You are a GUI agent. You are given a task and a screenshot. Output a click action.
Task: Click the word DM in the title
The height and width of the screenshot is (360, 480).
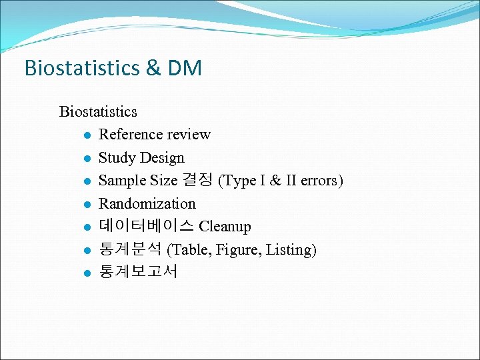[x=184, y=69]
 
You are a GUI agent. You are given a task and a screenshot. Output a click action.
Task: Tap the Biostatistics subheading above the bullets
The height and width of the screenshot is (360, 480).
[x=98, y=111]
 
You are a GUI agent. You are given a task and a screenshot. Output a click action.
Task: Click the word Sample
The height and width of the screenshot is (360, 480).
[x=121, y=181]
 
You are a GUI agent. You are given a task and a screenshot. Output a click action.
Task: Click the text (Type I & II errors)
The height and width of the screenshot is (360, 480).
[x=281, y=181]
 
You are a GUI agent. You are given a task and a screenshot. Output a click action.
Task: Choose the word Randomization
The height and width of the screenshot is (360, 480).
[x=147, y=204]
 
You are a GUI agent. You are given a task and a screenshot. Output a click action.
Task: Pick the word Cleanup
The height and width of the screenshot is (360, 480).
[x=225, y=227]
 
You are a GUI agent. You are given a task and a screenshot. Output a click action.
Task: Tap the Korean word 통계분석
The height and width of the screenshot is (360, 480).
[x=131, y=250]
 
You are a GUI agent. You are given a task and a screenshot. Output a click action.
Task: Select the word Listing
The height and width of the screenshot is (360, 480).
[x=291, y=250]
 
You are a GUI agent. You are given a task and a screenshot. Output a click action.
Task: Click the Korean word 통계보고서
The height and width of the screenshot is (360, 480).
[x=139, y=273]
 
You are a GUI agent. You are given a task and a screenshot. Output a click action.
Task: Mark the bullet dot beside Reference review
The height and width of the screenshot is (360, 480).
[x=87, y=135]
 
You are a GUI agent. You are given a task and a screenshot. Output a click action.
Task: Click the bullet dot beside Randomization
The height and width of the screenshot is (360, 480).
[x=87, y=205]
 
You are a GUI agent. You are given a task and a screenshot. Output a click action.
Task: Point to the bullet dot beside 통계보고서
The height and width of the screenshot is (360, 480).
[x=87, y=273]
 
